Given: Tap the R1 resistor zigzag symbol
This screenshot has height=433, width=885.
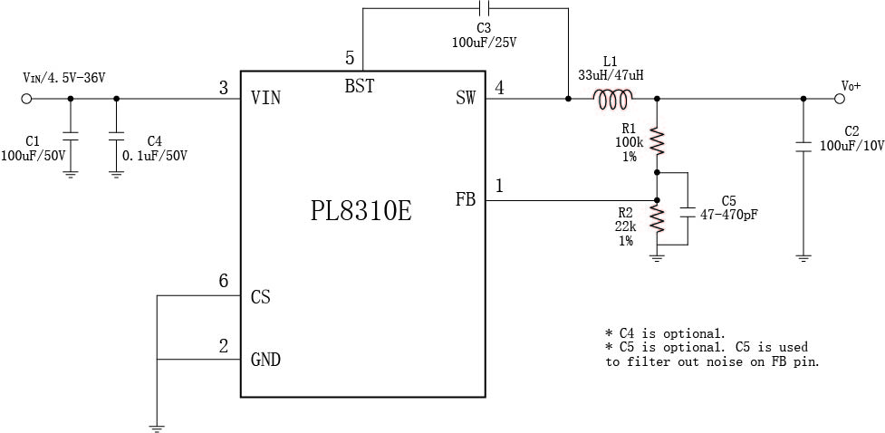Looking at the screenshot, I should (x=657, y=142).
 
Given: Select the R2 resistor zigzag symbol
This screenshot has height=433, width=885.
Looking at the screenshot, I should (x=657, y=219).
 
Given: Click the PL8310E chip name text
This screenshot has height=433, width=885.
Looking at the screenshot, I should (x=361, y=211).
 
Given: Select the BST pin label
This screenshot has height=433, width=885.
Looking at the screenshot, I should (x=359, y=87).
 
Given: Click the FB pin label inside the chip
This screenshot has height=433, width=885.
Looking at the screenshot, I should (x=466, y=199).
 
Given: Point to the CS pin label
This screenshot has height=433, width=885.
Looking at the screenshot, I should (x=261, y=297).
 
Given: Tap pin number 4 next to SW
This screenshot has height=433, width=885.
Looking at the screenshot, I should (x=499, y=87).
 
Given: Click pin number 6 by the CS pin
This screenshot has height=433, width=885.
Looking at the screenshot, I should (x=224, y=282).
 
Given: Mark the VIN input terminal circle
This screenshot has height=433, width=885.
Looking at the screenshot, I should (x=25, y=99).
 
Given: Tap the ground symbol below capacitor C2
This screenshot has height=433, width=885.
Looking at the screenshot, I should (x=803, y=258).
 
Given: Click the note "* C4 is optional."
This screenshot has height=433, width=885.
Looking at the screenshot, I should (x=665, y=333).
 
